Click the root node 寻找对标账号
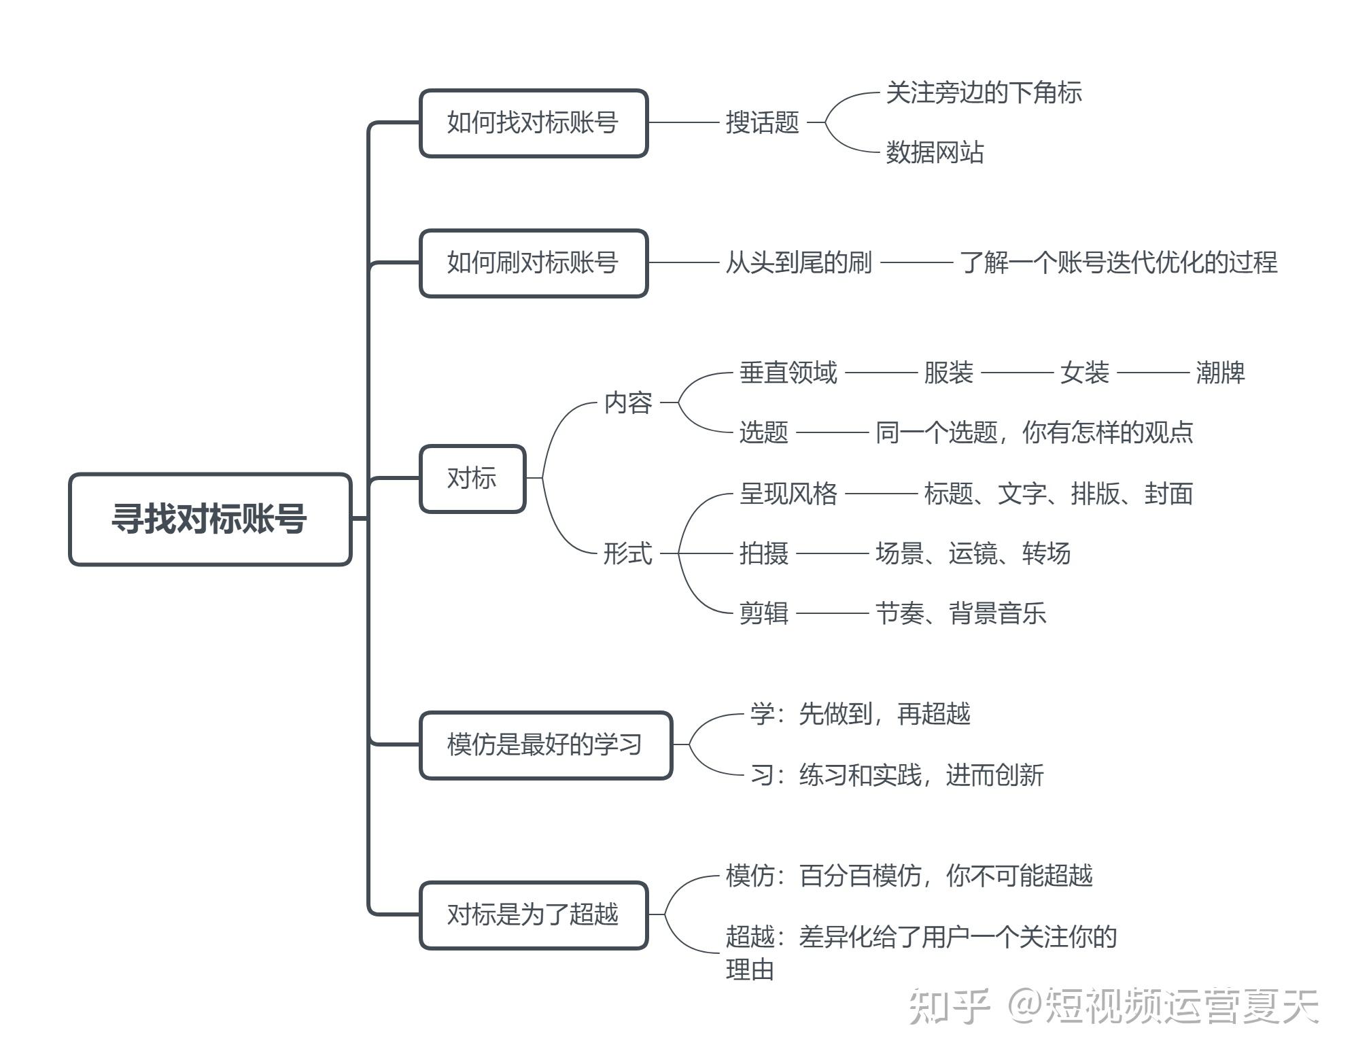coord(209,519)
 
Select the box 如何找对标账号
coord(533,123)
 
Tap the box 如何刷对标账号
coord(533,263)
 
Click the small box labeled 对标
coord(472,479)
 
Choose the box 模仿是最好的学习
coord(545,745)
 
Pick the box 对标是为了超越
coord(533,915)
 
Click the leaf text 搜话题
coord(762,123)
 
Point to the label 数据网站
coord(935,152)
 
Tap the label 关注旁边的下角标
coord(984,93)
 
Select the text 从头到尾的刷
coord(799,262)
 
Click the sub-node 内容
coord(628,402)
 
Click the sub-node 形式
coord(628,553)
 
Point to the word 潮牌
coord(1220,373)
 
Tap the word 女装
coord(1084,373)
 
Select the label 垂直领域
coord(788,373)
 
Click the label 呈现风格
coord(788,494)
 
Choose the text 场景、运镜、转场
coord(973,553)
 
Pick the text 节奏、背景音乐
coord(960,613)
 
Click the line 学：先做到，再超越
coord(861,714)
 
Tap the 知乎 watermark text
coord(950,1007)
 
